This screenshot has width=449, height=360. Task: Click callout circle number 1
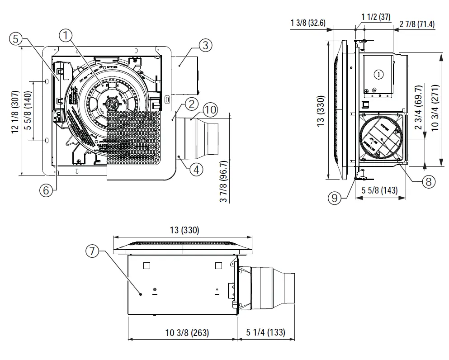(x=66, y=35)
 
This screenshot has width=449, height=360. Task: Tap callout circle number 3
(x=205, y=45)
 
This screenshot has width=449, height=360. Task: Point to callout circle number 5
(x=16, y=39)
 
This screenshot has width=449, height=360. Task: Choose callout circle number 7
(x=92, y=251)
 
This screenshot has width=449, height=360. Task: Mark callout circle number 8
(x=428, y=181)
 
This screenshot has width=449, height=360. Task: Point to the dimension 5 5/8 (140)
(x=28, y=111)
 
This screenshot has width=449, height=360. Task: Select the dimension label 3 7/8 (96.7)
(x=223, y=182)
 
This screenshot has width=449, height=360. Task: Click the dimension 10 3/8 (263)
(x=187, y=332)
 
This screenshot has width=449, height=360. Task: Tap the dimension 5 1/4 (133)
(x=265, y=332)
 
